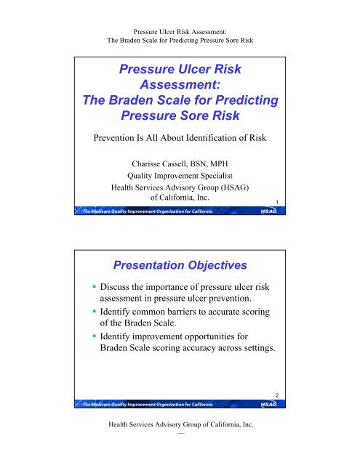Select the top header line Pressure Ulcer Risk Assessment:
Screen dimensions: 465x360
180,7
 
